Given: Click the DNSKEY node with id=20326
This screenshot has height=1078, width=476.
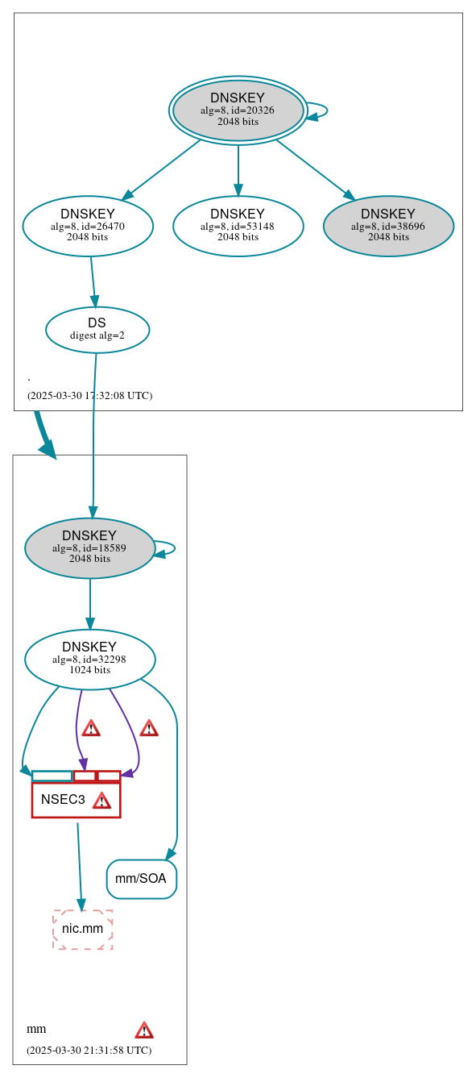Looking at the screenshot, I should click(x=238, y=110).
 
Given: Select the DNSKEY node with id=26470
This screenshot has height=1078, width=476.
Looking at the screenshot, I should click(x=88, y=227).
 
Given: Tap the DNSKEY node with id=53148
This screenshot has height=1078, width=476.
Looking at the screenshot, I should click(x=238, y=227).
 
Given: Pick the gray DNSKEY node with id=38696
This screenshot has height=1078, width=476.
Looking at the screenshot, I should click(x=388, y=227).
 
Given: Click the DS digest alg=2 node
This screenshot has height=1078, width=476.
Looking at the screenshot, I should click(x=97, y=330).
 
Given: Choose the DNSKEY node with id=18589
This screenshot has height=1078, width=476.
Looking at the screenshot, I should click(x=89, y=548).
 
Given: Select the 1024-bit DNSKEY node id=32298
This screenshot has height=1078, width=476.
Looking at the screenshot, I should click(x=89, y=660).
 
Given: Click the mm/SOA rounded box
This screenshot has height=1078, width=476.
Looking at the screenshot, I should click(x=141, y=879).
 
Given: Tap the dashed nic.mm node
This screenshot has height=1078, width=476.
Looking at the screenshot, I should click(x=83, y=929).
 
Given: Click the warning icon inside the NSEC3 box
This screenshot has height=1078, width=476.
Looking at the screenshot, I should click(x=101, y=801).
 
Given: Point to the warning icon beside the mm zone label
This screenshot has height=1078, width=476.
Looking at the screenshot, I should click(x=144, y=1030).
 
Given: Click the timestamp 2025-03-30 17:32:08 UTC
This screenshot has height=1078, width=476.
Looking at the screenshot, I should click(x=89, y=396).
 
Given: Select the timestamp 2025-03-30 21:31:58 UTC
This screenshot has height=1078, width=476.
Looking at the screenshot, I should click(x=89, y=1051).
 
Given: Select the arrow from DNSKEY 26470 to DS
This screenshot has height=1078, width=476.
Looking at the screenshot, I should click(x=93, y=282).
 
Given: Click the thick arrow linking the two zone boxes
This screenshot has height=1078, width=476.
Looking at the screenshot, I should click(x=44, y=435).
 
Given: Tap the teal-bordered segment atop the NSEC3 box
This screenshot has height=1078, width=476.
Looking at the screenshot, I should click(x=52, y=776).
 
